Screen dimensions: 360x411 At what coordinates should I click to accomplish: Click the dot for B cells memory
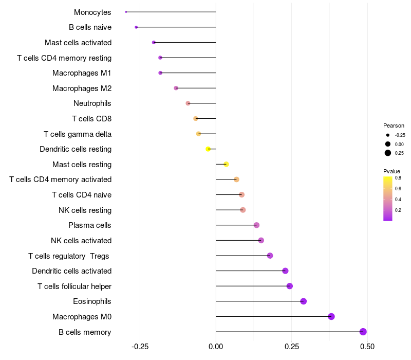[363, 332]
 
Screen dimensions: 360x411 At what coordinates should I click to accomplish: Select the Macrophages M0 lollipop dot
[331, 316]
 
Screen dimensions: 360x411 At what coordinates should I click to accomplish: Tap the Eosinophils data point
[303, 301]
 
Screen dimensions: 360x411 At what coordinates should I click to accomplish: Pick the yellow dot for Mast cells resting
[226, 164]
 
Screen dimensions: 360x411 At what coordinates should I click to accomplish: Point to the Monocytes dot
[126, 12]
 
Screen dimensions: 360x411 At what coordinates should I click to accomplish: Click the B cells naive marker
[136, 27]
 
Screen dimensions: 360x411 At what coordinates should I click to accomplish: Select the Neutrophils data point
[188, 103]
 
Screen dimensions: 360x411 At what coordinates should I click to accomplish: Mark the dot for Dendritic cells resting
[208, 149]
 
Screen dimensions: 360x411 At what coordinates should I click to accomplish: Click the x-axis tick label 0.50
[367, 347]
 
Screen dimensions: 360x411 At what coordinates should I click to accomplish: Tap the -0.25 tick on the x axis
[140, 347]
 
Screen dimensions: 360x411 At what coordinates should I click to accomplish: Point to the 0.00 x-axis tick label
[216, 347]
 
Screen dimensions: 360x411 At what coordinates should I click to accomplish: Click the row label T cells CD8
[91, 119]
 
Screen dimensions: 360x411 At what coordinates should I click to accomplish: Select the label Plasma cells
[89, 225]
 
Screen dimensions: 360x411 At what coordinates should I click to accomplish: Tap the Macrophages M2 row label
[82, 88]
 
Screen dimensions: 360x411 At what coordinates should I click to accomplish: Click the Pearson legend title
[394, 125]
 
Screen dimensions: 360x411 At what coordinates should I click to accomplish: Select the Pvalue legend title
[391, 171]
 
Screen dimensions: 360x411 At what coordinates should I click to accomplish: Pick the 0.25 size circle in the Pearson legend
[388, 153]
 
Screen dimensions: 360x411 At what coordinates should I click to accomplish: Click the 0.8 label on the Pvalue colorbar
[398, 178]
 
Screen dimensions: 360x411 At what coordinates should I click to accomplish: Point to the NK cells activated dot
[261, 240]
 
